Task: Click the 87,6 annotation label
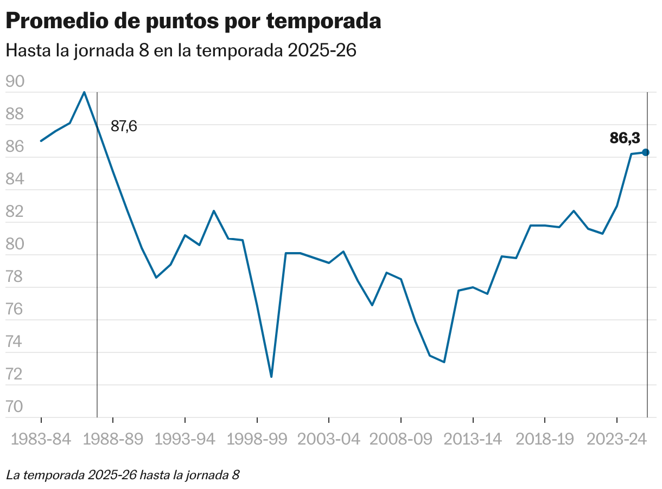pos(124,126)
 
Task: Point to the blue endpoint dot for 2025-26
pos(646,152)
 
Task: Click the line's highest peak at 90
pos(84,92)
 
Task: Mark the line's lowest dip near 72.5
pos(271,377)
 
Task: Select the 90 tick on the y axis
pos(15,82)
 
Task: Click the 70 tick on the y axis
pos(15,407)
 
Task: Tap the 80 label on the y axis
pos(15,244)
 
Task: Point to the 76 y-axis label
pos(15,310)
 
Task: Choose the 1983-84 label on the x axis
pos(41,440)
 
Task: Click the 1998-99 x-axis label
pos(257,440)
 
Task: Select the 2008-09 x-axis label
pos(400,440)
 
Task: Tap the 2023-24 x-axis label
pos(616,440)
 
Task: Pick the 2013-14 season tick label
pos(473,440)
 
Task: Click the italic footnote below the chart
pos(123,475)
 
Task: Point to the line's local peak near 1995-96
pos(214,211)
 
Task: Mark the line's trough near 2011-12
pos(444,362)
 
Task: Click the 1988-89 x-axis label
pos(113,440)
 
